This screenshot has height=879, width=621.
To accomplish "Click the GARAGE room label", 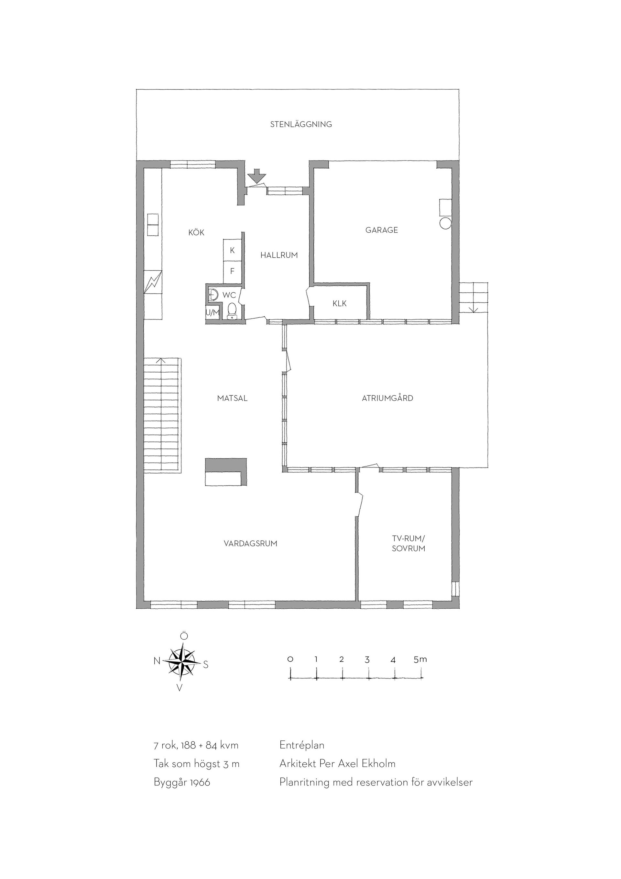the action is coord(381,230).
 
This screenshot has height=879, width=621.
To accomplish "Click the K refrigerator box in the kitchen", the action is coord(232,250).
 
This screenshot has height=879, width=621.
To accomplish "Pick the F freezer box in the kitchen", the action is coord(232,271).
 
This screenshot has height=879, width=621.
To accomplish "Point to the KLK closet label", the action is coord(340,304).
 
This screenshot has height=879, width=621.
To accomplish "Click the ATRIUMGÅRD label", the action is coord(387,398).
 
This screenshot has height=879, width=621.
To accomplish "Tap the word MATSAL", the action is coord(232,398).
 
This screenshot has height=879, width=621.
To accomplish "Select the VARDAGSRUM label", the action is coord(250,543).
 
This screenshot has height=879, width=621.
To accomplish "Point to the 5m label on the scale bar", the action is coord(420,659).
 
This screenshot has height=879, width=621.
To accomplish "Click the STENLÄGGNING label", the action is coord(301,124).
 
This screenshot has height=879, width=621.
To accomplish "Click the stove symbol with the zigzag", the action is coord(153,282).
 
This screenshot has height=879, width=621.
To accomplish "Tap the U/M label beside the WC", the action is coord(212,313).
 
